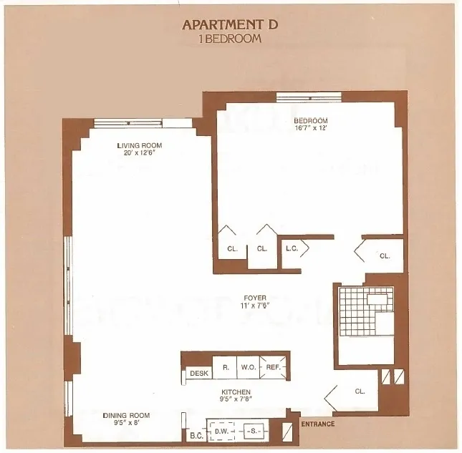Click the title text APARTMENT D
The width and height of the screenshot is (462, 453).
230,24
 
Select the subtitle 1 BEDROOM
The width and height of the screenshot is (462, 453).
230,39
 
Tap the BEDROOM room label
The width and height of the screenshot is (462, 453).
311,120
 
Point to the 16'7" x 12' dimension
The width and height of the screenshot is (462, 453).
311,128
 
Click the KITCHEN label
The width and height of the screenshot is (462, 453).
236,392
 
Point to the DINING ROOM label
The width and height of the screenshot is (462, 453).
126,415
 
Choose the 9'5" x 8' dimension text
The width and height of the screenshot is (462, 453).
126,423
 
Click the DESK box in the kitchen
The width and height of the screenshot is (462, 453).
198,373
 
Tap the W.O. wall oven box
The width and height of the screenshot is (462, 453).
248,368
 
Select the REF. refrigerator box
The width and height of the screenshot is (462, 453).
273,368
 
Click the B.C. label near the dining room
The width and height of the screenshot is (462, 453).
196,434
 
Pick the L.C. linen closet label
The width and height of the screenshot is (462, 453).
292,249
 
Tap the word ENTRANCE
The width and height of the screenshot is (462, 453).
317,424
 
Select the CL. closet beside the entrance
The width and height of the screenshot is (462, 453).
360,391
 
